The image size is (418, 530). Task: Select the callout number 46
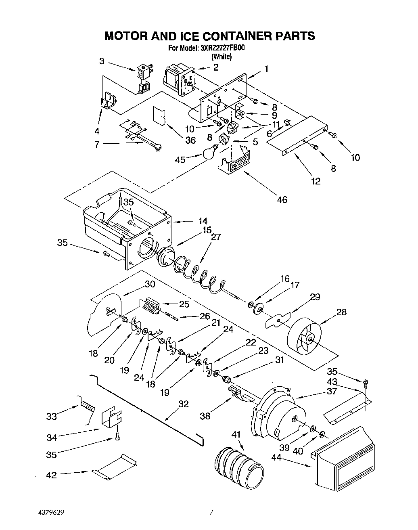click(282, 199)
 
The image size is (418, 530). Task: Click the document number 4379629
click(49, 513)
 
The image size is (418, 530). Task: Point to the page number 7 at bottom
click(211, 513)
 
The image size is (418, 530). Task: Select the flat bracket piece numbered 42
click(114, 468)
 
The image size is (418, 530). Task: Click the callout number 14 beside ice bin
click(203, 221)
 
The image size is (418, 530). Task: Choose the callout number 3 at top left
click(102, 61)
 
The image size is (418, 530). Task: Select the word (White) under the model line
click(222, 57)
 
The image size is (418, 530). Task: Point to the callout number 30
click(150, 284)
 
